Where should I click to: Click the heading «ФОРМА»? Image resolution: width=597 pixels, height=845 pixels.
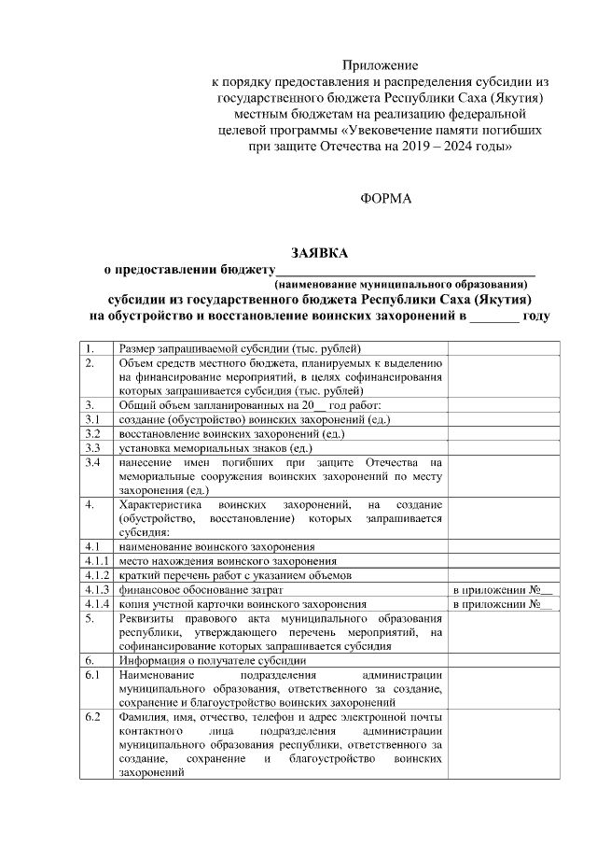point(384,199)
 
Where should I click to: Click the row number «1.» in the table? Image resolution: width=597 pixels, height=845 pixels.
point(90,349)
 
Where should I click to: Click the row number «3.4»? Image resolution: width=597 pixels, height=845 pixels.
point(91,462)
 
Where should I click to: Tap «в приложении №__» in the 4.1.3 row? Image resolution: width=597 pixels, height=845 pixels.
point(502,589)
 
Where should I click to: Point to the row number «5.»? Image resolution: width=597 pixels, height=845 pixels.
point(90,618)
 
